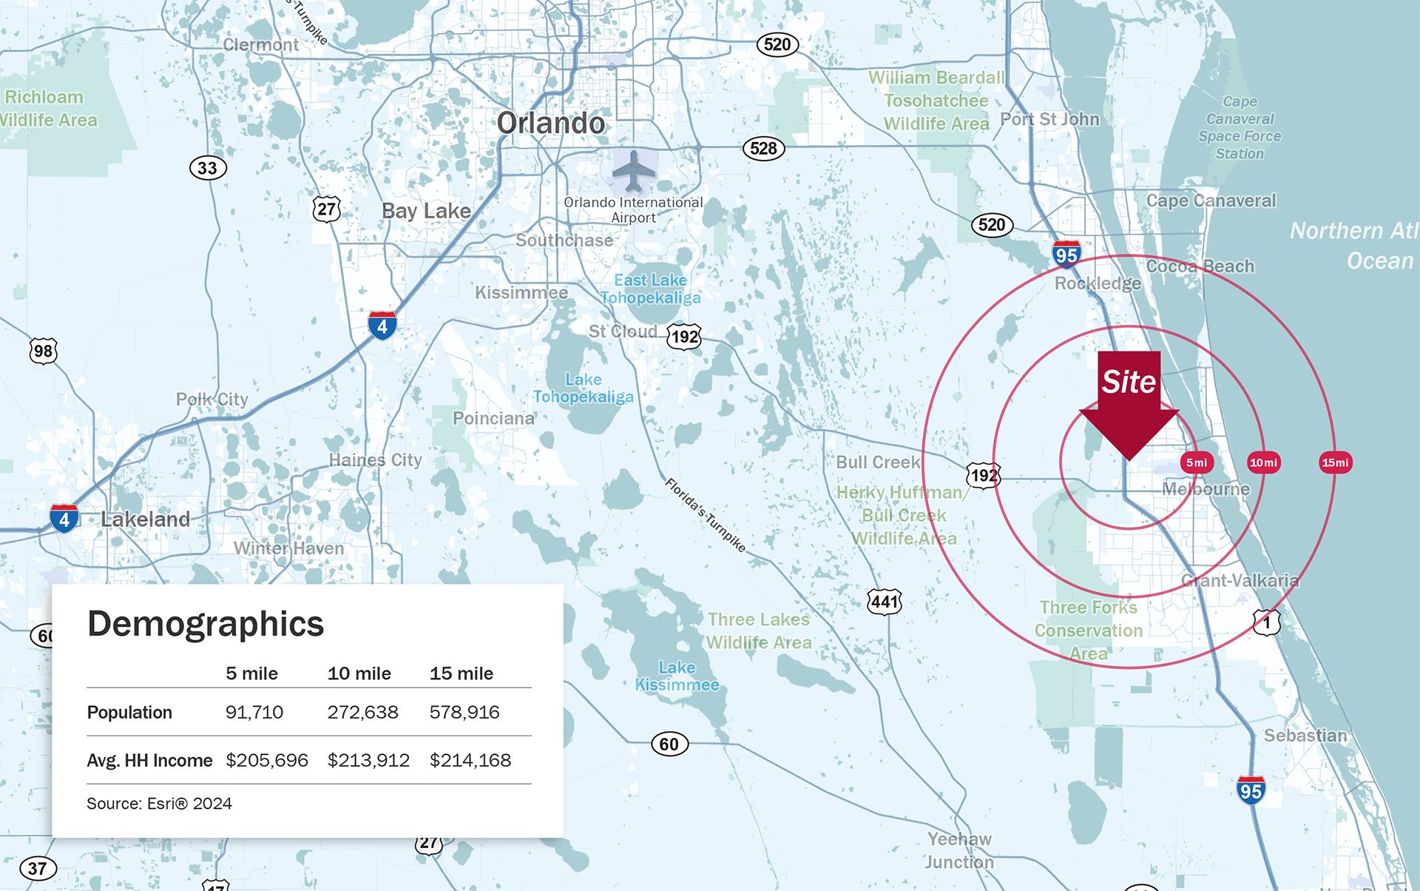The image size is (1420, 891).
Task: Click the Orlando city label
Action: pyautogui.click(x=550, y=123)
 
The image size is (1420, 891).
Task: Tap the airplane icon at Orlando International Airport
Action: pyautogui.click(x=634, y=171)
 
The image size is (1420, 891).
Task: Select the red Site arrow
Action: pyautogui.click(x=1129, y=403)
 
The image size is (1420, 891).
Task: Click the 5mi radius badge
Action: pyautogui.click(x=1196, y=463)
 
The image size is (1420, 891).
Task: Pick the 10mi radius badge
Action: pyautogui.click(x=1263, y=463)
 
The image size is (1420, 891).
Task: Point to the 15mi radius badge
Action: pyautogui.click(x=1335, y=463)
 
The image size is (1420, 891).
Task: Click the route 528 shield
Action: pyautogui.click(x=763, y=148)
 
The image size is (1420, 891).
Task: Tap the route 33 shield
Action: pyautogui.click(x=208, y=168)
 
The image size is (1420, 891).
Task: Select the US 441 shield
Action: pyautogui.click(x=885, y=602)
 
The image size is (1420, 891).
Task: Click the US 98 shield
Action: pyautogui.click(x=44, y=351)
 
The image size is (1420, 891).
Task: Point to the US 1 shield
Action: pyautogui.click(x=1266, y=622)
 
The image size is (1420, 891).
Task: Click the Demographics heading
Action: pyautogui.click(x=206, y=623)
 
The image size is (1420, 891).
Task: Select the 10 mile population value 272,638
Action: pyautogui.click(x=362, y=712)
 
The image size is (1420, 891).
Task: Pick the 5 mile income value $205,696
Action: pyautogui.click(x=266, y=760)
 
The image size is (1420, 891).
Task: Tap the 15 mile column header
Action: pyautogui.click(x=461, y=673)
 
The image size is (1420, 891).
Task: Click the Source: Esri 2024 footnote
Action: pyautogui.click(x=159, y=804)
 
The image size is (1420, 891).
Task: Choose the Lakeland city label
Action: pyautogui.click(x=145, y=519)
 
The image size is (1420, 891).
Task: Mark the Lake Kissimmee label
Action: pyautogui.click(x=677, y=676)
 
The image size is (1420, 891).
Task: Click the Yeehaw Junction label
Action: pyautogui.click(x=959, y=850)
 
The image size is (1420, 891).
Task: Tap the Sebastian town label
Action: pyautogui.click(x=1305, y=735)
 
